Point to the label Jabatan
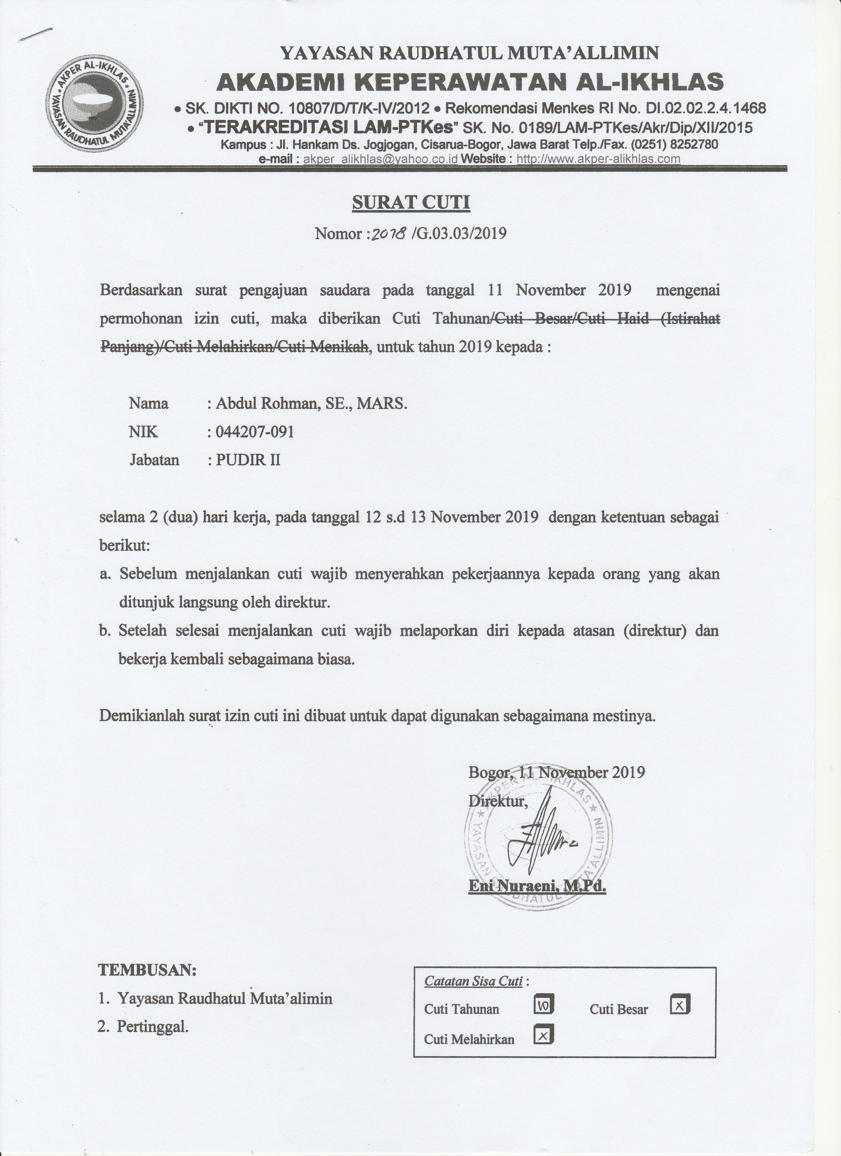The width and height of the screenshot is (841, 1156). (155, 460)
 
